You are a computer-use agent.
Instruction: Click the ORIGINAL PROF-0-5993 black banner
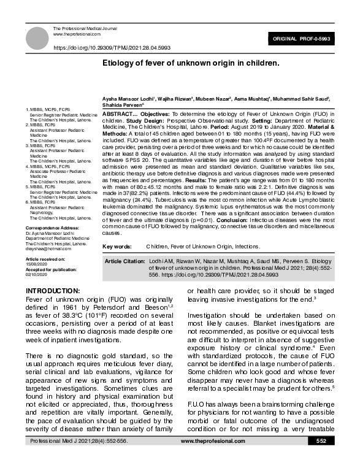[309, 39]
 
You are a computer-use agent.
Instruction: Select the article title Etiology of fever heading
[191, 63]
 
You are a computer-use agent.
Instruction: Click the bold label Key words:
[117, 246]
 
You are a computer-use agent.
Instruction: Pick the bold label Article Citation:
[125, 262]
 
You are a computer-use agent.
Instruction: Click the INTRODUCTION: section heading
[53, 290]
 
